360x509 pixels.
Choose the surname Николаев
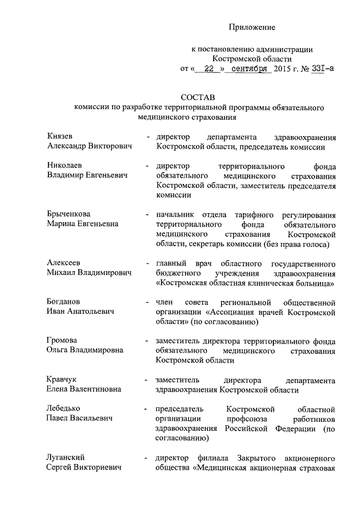click(x=65, y=166)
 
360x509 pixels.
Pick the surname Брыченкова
click(x=69, y=214)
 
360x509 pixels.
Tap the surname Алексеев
click(x=64, y=263)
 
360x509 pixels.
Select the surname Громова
click(x=62, y=341)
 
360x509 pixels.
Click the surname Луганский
click(x=66, y=457)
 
